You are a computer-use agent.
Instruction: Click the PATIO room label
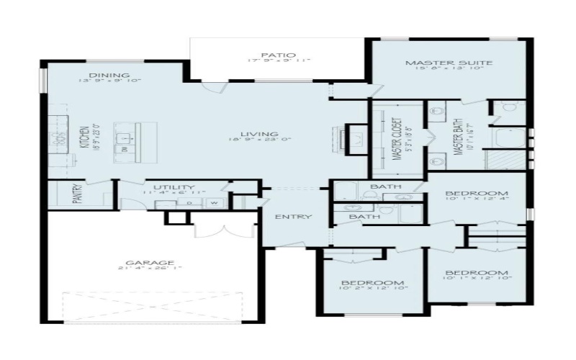point(272,53)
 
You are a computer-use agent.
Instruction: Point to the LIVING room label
point(259,134)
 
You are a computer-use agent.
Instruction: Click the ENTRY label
point(294,217)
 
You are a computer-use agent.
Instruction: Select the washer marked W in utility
point(214,203)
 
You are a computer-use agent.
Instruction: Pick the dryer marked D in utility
point(189,203)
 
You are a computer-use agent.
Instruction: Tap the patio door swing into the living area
point(215,88)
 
